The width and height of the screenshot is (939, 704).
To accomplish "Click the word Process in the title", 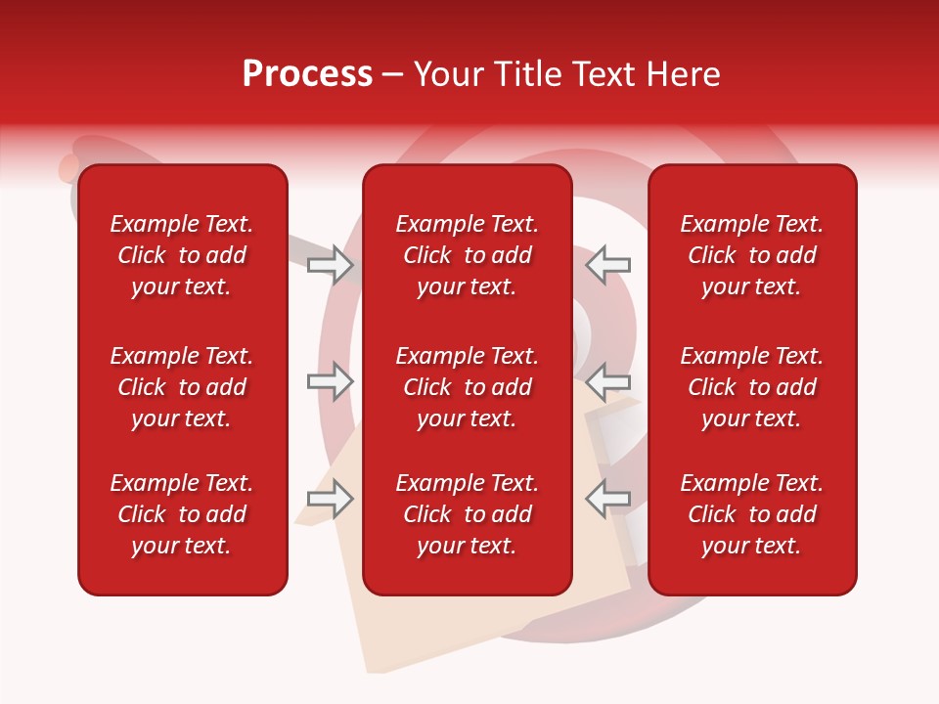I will point(307,74).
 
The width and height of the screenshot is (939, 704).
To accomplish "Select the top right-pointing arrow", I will point(331,265).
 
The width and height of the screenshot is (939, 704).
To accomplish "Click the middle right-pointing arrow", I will point(331,380).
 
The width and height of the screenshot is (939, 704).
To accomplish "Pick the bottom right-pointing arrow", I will point(331,499).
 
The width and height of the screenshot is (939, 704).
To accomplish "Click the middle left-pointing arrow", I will point(608,380).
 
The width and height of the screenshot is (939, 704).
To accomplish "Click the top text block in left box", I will point(182,255).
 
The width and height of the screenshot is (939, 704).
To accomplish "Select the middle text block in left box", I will point(182,387).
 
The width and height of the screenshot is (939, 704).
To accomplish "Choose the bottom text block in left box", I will point(182,514).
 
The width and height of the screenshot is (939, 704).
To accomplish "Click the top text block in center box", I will point(468,255).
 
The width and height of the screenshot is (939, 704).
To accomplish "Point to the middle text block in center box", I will point(468,387).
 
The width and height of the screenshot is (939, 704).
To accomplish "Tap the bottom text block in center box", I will point(468,514).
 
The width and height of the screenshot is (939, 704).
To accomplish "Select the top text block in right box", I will point(752,255).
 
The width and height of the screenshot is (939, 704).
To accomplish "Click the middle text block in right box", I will point(752,387).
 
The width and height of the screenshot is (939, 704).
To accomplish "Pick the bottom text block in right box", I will point(752,514).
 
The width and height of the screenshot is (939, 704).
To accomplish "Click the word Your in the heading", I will point(446,74).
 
